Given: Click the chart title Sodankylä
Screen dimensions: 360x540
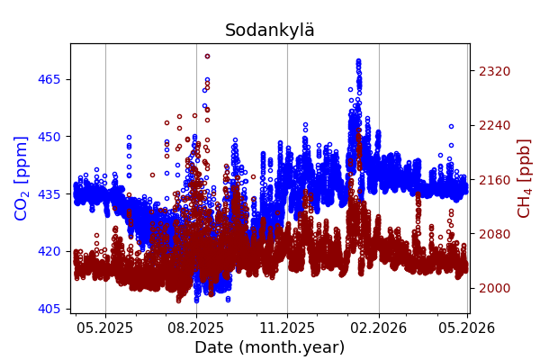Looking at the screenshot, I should (x=270, y=31).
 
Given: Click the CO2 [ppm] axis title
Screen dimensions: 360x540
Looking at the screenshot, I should (x=22, y=178).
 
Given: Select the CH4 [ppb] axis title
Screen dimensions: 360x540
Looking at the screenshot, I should (x=524, y=178).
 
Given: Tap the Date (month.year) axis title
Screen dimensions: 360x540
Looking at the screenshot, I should (x=269, y=347).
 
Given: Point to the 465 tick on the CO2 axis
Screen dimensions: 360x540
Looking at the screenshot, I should (x=49, y=79).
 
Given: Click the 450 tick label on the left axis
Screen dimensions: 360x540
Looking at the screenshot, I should (x=49, y=137).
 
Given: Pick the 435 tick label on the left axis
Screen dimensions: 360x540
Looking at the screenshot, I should (x=49, y=193).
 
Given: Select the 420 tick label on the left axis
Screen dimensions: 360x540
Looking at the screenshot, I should (x=49, y=251).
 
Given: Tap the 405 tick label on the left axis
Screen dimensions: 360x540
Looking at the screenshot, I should (x=49, y=309).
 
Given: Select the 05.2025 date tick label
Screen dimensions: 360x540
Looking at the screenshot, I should (x=105, y=328).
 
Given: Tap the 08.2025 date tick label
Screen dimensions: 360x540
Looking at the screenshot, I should (x=196, y=328).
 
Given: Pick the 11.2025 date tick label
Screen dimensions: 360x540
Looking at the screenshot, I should (x=287, y=328).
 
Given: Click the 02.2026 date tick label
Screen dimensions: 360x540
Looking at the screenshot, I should (x=379, y=328).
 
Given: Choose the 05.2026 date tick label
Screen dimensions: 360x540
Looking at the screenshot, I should (x=466, y=328).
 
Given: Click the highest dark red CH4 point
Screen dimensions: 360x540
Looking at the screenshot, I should (x=207, y=56).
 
